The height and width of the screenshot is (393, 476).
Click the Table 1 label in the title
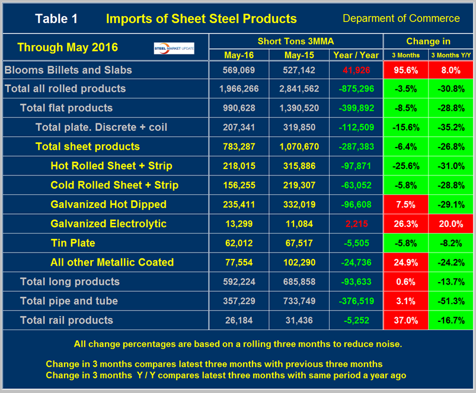tap(56, 18)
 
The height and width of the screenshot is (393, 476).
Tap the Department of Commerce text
tap(400, 18)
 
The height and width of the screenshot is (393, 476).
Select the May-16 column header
tap(239, 55)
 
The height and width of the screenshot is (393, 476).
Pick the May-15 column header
tap(299, 55)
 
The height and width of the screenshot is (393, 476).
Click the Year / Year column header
tap(356, 55)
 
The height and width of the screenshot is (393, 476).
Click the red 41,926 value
tap(356, 70)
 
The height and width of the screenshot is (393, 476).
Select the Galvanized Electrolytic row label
tap(108, 223)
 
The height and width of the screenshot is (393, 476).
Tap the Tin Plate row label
tap(73, 243)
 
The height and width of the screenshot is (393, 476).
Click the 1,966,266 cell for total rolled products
tap(239, 89)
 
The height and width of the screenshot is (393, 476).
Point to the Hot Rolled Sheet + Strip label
tap(111, 166)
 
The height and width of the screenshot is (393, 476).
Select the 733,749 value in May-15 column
tap(299, 301)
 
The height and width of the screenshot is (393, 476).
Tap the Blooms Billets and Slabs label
tap(68, 70)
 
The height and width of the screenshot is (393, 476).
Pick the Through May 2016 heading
tap(68, 47)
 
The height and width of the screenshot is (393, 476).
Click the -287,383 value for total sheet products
tap(356, 146)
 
